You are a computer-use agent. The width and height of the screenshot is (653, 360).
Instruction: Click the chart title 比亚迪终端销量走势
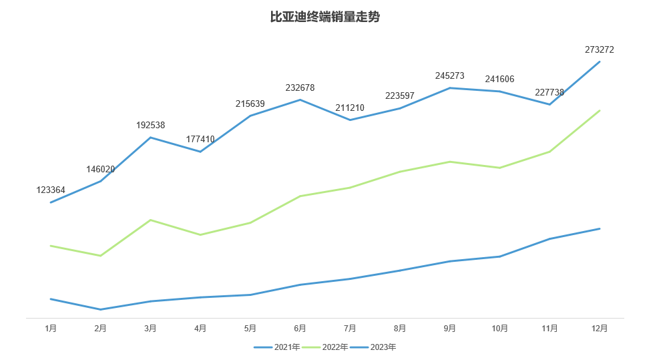pos(325,17)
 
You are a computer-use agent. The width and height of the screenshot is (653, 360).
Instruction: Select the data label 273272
pos(599,49)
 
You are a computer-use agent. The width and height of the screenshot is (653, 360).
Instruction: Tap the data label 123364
pos(51,190)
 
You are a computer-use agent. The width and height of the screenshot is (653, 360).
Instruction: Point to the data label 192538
pos(150,125)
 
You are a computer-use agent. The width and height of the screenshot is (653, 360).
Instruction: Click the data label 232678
pos(300,87)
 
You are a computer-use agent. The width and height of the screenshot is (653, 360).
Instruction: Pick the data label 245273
pos(449,76)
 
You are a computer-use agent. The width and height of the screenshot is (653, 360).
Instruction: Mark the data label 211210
pos(350,108)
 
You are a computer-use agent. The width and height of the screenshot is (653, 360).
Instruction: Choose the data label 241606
pos(499,79)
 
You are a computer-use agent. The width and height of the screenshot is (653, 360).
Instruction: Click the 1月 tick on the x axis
pos(51,328)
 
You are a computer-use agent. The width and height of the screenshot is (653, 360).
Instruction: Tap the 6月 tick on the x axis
pos(300,328)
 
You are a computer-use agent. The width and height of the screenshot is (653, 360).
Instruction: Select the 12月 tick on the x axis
pos(600,328)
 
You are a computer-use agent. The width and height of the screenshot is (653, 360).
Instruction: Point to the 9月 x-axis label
pos(449,328)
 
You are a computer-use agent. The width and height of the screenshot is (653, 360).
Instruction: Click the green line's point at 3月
pos(151,220)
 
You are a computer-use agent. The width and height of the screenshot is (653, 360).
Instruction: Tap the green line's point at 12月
pos(600,110)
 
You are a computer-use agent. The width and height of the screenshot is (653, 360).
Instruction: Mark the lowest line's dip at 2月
pos(101,309)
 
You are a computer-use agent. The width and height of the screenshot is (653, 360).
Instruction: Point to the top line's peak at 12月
pos(600,61)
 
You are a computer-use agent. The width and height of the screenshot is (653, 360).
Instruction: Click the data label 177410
pos(200,140)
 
